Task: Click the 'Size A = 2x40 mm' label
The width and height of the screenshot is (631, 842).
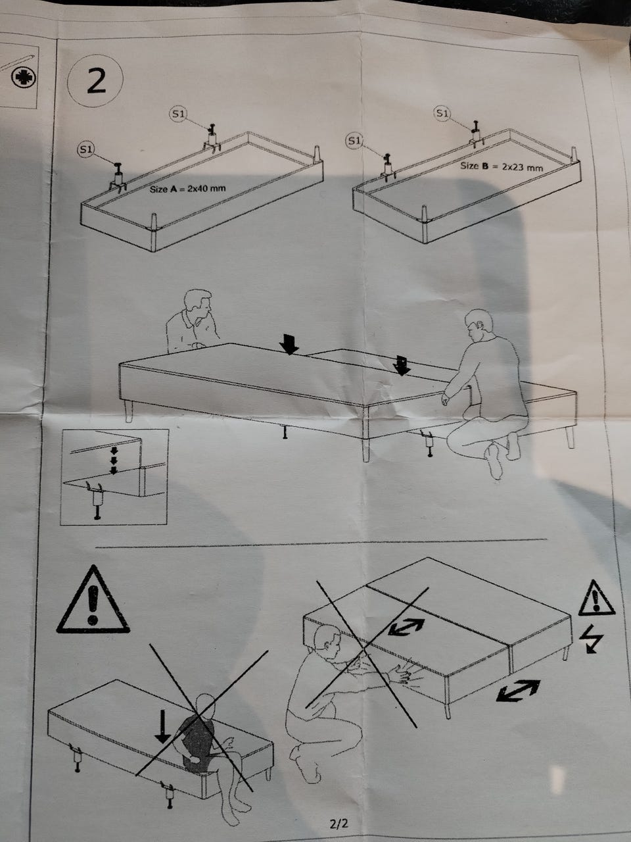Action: tap(188, 189)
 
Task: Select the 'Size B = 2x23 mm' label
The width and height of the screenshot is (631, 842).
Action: tap(502, 166)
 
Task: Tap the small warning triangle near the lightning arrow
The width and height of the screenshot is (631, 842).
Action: tap(596, 599)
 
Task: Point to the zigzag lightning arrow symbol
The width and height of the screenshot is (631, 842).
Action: tap(591, 639)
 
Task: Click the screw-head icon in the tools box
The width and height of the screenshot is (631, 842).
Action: tap(24, 78)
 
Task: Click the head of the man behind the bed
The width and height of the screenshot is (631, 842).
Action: tap(199, 304)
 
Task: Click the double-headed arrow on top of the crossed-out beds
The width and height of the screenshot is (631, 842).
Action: tap(406, 627)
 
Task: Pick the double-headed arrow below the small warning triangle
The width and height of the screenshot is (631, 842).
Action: tap(518, 690)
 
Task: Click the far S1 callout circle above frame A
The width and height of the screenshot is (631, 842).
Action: tap(177, 114)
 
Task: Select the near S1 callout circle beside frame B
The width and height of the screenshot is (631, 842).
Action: tap(354, 141)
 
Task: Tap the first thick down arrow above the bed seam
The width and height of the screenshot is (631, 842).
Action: tap(289, 343)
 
